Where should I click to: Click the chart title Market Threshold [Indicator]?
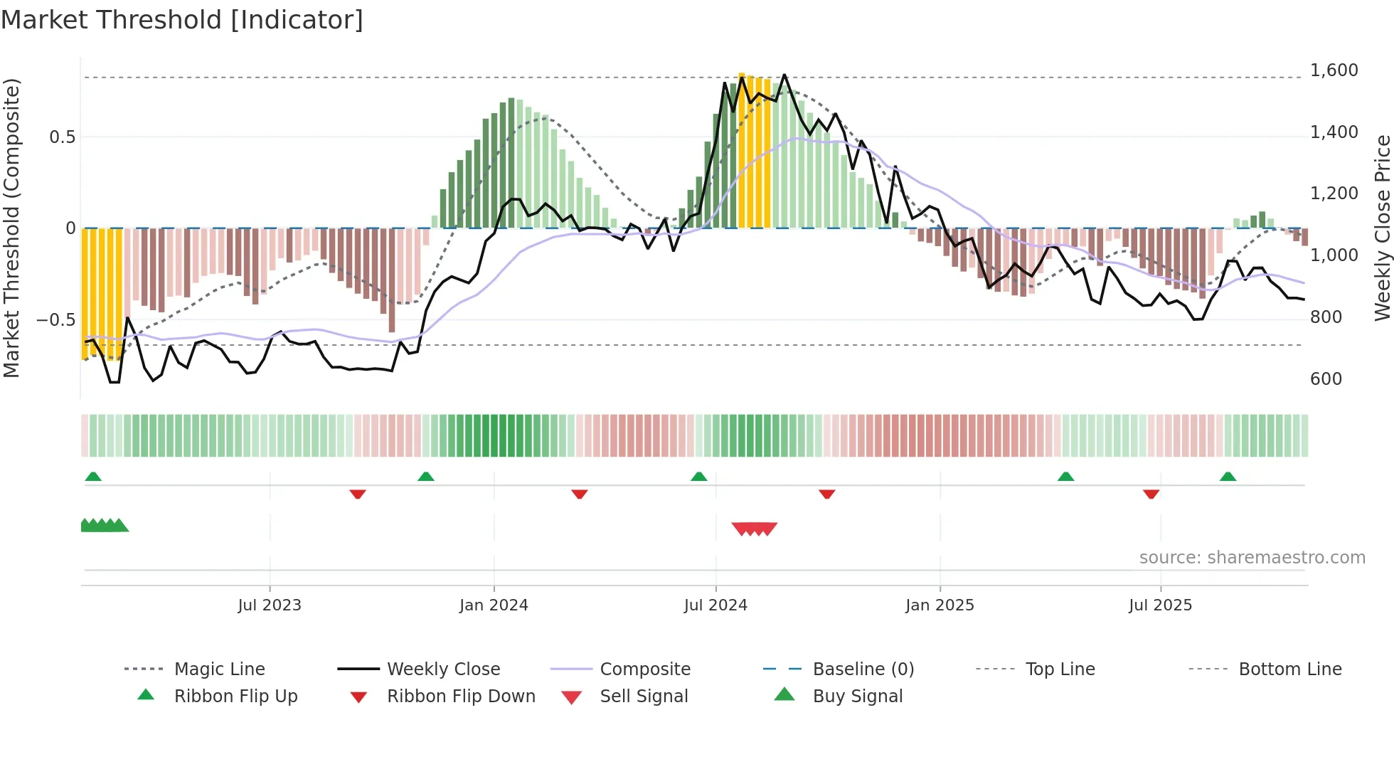tap(182, 20)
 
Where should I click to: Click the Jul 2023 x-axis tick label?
tap(270, 605)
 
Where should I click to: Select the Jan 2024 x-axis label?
tap(494, 605)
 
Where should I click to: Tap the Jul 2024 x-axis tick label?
tap(715, 605)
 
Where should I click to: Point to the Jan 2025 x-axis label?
tap(940, 605)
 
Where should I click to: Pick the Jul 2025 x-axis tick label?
tap(1160, 605)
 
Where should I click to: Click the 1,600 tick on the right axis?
tap(1334, 70)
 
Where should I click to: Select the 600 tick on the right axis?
tap(1326, 379)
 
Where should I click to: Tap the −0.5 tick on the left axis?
tap(55, 319)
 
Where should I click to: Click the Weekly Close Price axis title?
tap(1382, 228)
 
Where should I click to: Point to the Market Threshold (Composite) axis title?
tap(11, 228)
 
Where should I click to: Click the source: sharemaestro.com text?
tap(1252, 558)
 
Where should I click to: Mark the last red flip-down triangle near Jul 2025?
tap(1151, 494)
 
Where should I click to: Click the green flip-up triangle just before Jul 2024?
tap(698, 477)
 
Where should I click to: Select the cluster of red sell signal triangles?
tap(754, 529)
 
